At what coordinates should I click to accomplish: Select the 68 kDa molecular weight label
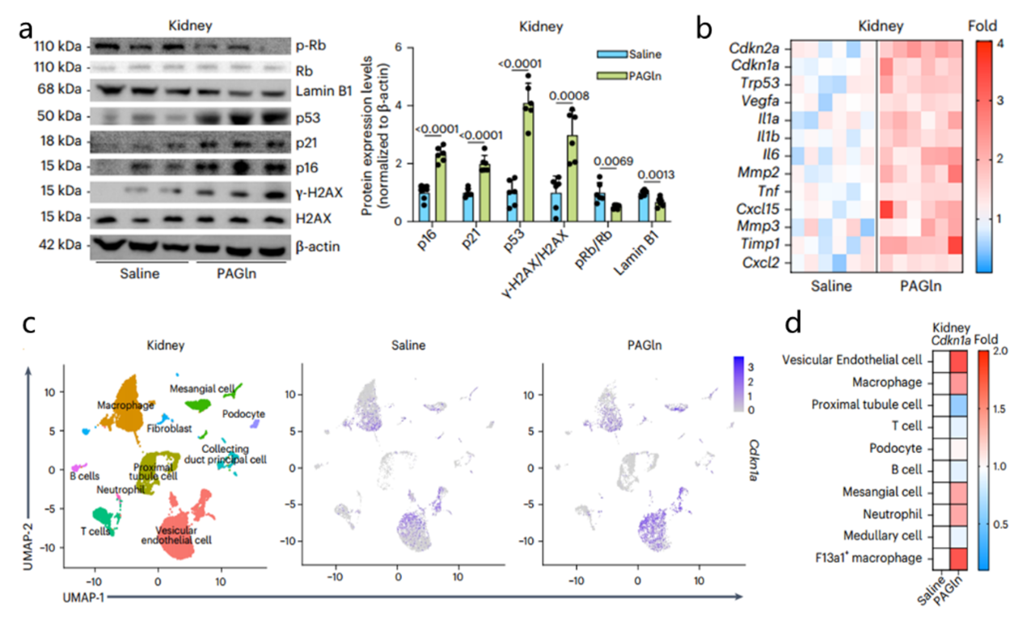coord(58,90)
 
